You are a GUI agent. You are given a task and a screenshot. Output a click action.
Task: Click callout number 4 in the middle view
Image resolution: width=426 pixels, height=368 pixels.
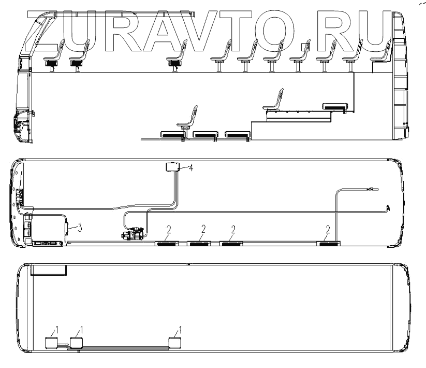[192, 168]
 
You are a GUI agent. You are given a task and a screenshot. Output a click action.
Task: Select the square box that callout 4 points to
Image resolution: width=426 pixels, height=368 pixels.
[172, 167]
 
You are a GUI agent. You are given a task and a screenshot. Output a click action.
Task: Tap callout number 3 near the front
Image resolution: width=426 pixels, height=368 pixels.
[79, 227]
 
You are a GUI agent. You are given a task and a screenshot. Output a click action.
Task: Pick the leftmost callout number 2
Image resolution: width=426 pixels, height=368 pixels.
[169, 229]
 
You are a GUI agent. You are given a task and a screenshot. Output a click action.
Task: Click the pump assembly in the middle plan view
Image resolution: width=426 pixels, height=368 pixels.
[134, 235]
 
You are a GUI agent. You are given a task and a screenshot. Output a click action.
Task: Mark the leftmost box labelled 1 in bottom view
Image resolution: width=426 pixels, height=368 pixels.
[51, 342]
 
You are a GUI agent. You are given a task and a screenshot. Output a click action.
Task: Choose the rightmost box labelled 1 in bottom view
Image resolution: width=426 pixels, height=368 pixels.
[174, 342]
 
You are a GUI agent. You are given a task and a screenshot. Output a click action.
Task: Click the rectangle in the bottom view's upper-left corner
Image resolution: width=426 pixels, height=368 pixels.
[48, 270]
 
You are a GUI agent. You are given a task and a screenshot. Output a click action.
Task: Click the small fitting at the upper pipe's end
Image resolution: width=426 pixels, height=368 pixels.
[372, 189]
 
